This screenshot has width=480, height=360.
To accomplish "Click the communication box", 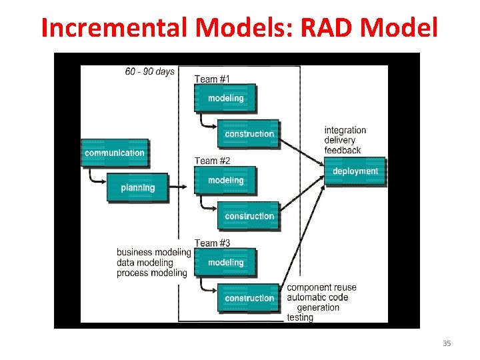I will click(115, 153).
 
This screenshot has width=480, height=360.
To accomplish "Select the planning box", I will click(137, 188).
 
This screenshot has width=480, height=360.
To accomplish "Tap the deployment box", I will click(355, 171).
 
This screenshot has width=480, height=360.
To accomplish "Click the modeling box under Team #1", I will click(225, 98).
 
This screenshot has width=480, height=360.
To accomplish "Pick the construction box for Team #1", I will click(249, 134).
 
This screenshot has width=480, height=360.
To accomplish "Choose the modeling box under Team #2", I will click(225, 181).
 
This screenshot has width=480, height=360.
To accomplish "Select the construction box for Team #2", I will click(249, 217).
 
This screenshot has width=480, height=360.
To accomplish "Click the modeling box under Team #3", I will click(225, 263).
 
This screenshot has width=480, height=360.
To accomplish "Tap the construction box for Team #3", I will click(249, 298).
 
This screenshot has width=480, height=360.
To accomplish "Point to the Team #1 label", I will click(212, 79).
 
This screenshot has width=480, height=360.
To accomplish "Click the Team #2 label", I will click(212, 161).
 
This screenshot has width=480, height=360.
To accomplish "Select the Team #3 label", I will click(212, 243).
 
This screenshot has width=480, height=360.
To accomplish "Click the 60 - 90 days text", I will click(149, 71).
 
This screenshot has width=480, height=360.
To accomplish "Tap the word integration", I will click(345, 130).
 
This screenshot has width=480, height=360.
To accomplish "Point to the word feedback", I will click(343, 151).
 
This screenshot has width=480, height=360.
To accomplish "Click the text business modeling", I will click(153, 252).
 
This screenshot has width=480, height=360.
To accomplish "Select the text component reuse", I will click(321, 287).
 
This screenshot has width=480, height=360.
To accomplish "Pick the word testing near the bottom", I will click(299, 318).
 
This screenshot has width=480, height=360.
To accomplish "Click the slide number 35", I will click(447, 343).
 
